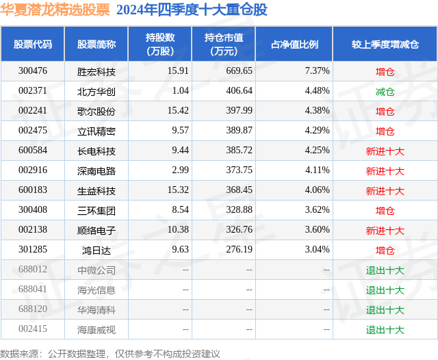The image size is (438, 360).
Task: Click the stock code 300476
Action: click(x=33, y=70)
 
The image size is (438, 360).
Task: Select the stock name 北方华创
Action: click(x=96, y=91)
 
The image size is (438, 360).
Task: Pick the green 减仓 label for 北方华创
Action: click(x=385, y=91)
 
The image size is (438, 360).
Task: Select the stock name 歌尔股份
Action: click(x=96, y=111)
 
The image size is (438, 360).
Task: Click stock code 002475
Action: click(x=33, y=131)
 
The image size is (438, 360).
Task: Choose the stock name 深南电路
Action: click(x=96, y=170)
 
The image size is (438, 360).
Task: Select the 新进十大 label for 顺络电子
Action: click(x=385, y=231)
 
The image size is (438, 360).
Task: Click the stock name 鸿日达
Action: click(x=96, y=250)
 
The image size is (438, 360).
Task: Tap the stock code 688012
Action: click(x=33, y=270)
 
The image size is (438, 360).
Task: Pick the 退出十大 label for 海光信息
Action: click(x=385, y=290)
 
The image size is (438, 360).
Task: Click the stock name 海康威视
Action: click(x=96, y=329)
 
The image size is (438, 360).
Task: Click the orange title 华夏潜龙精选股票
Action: click(x=55, y=10)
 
